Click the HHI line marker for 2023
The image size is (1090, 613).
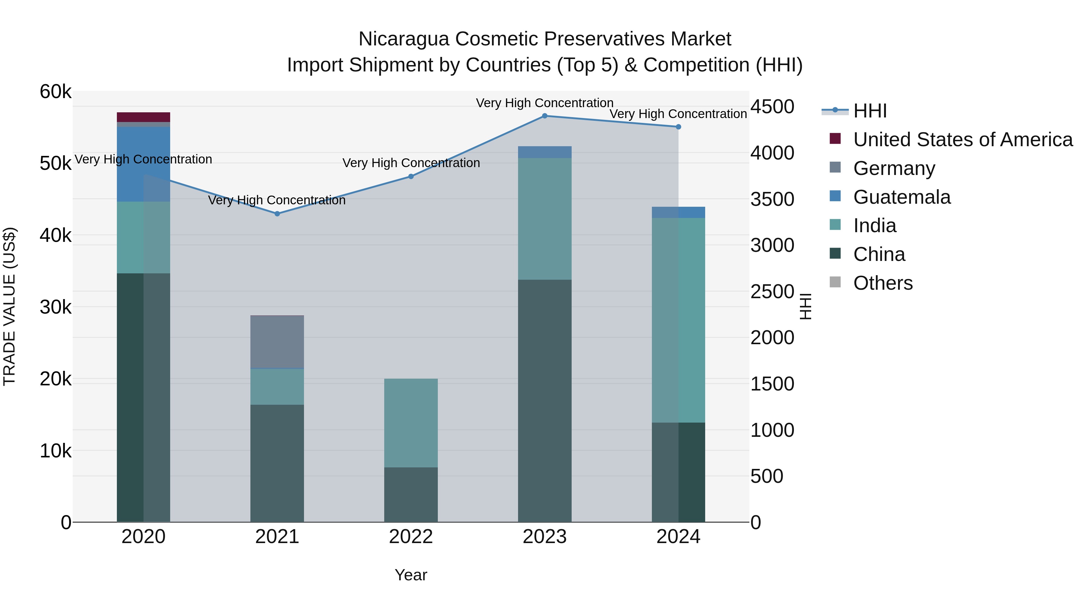[x=545, y=116]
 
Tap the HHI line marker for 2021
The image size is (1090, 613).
[x=277, y=214]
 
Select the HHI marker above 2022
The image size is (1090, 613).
[x=411, y=176]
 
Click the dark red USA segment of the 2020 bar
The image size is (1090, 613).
[x=144, y=117]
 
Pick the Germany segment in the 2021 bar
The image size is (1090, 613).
[x=277, y=342]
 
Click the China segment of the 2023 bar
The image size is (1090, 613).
[x=545, y=400]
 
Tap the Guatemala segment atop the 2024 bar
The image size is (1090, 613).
[x=678, y=213]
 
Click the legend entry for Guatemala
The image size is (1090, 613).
[x=901, y=197]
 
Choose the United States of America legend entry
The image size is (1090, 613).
[x=963, y=140]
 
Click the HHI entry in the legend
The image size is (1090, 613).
[x=870, y=111]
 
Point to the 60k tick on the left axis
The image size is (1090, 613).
[x=55, y=92]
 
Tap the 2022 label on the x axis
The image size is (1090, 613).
[x=411, y=537]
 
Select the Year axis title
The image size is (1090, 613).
[x=411, y=575]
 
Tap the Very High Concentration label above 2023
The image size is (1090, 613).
[x=545, y=103]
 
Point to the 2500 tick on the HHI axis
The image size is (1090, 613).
[x=772, y=292]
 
